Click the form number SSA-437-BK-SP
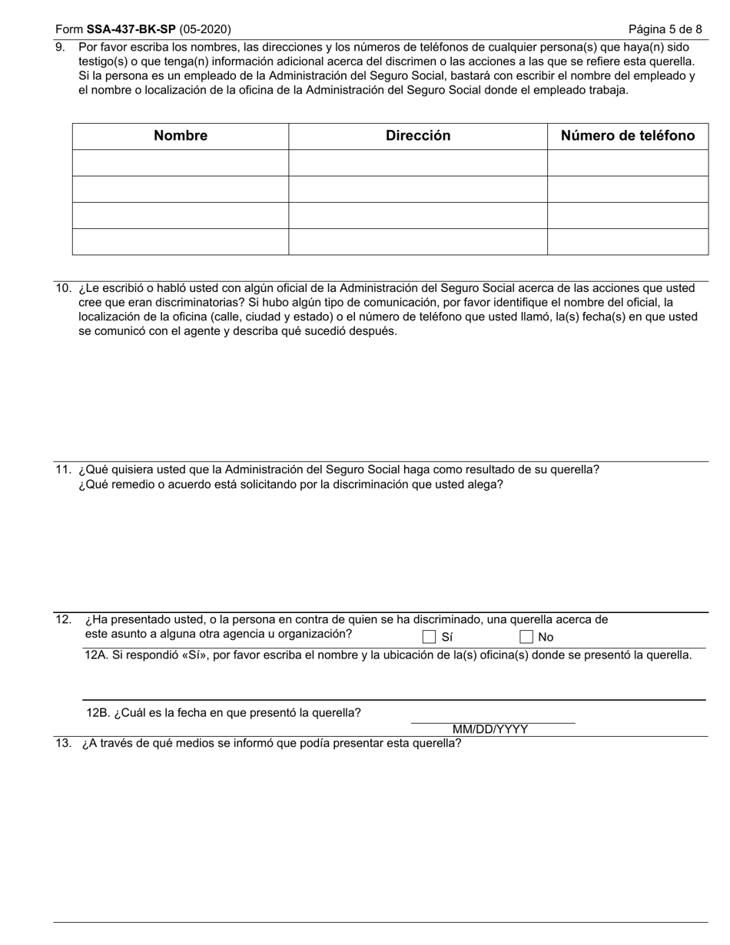tap(131, 30)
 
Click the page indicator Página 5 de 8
tap(665, 30)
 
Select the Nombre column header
tap(181, 136)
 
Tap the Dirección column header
tap(418, 136)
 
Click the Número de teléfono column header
tap(628, 136)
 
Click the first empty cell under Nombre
tap(181, 163)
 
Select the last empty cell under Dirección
tap(418, 241)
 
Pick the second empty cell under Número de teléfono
tap(628, 189)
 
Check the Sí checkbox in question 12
tap(429, 637)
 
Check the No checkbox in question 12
tap(526, 637)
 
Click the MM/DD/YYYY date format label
tap(490, 730)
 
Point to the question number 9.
tap(61, 48)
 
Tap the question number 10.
tap(63, 289)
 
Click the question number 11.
tap(63, 470)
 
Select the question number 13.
tap(63, 744)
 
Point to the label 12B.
tap(98, 713)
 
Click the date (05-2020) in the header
tap(205, 30)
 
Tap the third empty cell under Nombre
tap(181, 215)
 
